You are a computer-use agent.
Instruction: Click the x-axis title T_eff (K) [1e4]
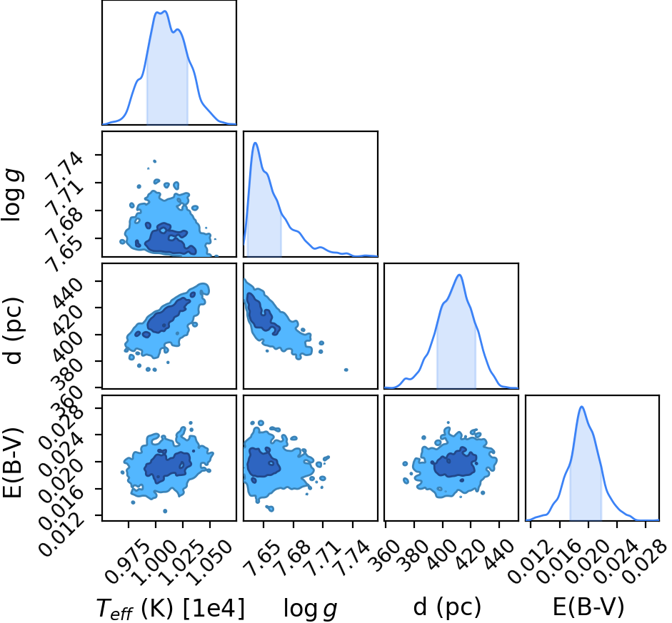(x=171, y=608)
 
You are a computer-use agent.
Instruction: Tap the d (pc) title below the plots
(x=447, y=607)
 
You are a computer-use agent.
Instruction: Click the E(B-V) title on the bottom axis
(x=588, y=607)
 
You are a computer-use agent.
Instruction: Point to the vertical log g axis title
(x=12, y=195)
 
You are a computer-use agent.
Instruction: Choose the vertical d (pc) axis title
(x=14, y=330)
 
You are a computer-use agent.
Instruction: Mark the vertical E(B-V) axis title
(x=13, y=462)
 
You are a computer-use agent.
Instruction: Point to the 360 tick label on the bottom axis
(x=384, y=554)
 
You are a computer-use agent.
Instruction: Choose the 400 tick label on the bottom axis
(x=441, y=554)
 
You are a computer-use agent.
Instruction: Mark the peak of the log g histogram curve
(x=255, y=143)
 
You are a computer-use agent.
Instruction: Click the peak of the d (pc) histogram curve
(x=459, y=275)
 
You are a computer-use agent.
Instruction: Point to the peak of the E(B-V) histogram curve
(x=581, y=406)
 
